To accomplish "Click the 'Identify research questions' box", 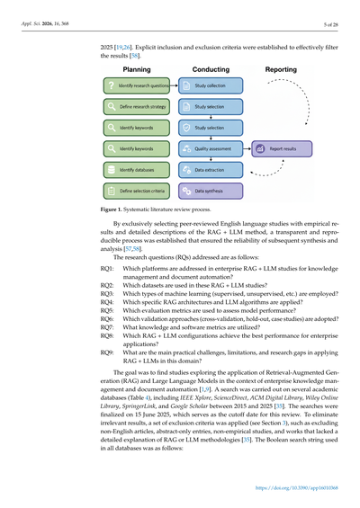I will coord(134,86).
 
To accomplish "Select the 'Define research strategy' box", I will coord(134,107).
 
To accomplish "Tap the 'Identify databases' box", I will coord(134,169).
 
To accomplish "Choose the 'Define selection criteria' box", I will coord(134,191).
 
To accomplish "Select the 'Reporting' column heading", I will coord(283,68).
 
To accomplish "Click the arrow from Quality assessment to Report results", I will coord(247,148).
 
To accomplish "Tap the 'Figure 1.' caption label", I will coord(115,209).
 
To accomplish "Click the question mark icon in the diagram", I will coord(111,86).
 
